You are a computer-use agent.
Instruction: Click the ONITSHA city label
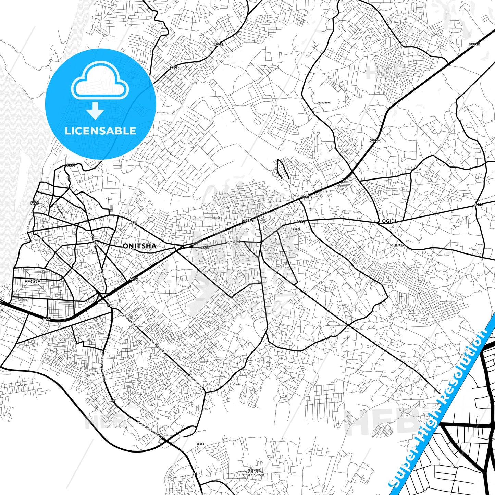139,246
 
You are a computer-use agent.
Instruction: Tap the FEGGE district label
32,282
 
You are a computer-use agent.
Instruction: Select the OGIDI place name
389,221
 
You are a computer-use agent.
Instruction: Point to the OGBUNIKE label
324,103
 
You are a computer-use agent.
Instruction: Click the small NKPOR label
296,230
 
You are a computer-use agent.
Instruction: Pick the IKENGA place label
399,245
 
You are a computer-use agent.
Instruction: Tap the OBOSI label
200,444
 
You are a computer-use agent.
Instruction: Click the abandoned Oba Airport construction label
254,472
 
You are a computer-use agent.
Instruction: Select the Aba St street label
216,218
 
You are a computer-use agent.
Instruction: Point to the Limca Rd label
234,242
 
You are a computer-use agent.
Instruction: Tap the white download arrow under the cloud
95,110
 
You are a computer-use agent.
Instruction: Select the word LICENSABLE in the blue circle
100,131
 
